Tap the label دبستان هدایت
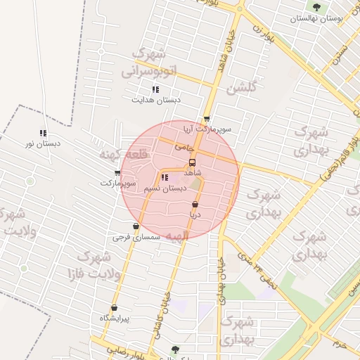point(156,100)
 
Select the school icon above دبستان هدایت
point(155,89)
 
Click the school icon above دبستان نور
point(44,133)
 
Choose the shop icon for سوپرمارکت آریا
point(206,119)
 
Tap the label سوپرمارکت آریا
point(202,129)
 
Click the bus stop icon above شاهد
point(193,161)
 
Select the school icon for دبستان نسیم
point(165,177)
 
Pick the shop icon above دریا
point(195,205)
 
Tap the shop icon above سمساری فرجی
point(136,226)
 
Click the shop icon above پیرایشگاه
point(114,307)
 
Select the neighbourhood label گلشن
point(241,88)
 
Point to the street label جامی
point(184,148)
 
